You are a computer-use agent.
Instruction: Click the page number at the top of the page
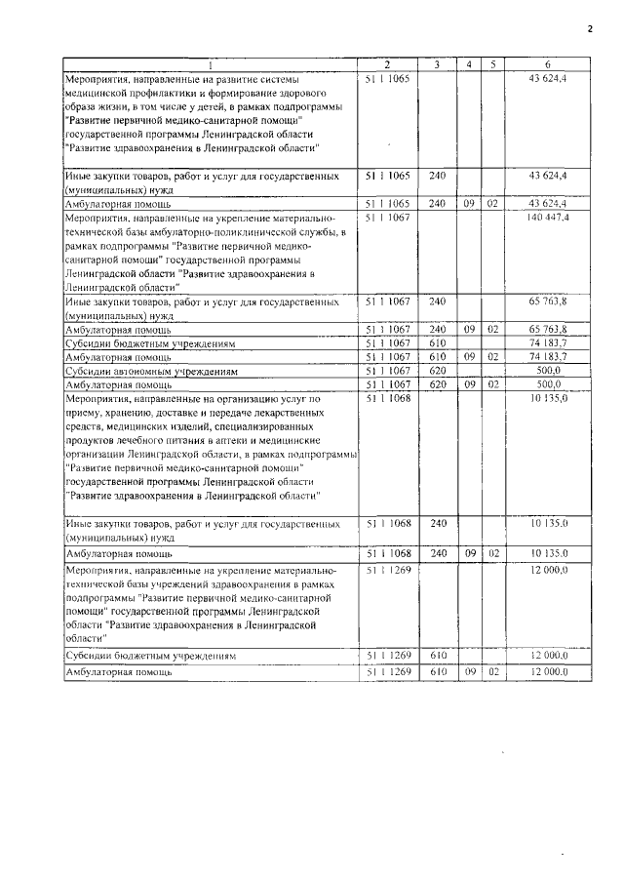pos(590,28)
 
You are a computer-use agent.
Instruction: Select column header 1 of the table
pos(211,64)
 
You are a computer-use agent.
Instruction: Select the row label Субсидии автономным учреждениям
pos(137,371)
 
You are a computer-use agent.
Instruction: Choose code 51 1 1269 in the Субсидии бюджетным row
pos(390,655)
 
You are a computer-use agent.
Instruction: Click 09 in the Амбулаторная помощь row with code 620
pos(470,384)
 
